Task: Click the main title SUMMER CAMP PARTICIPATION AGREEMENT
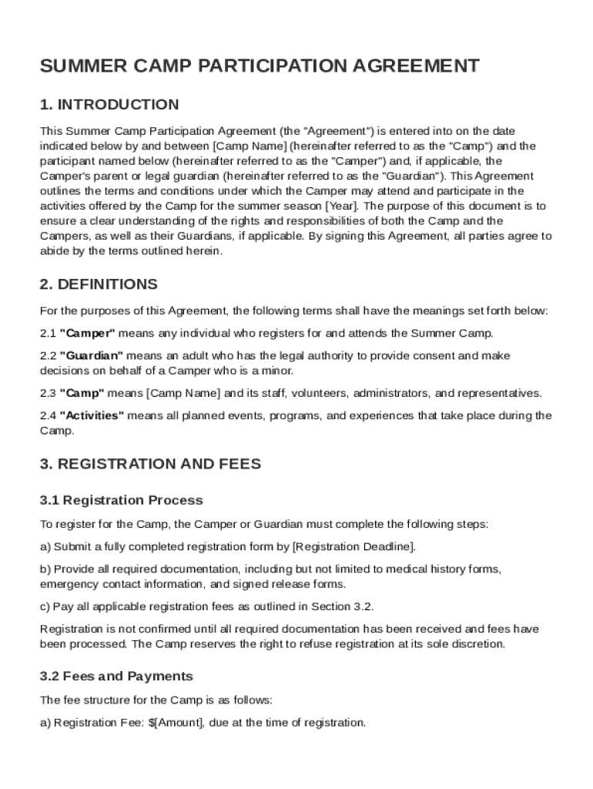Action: pyautogui.click(x=260, y=65)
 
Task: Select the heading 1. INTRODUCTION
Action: pyautogui.click(x=109, y=105)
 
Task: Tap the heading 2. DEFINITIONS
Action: pyautogui.click(x=99, y=284)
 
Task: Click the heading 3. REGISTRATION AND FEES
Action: pyautogui.click(x=150, y=464)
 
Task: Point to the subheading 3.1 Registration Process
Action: pyautogui.click(x=122, y=501)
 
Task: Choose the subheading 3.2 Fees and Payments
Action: pyautogui.click(x=116, y=677)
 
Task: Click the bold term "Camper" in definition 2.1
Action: pyautogui.click(x=88, y=334)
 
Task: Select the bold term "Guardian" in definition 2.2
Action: pyautogui.click(x=92, y=356)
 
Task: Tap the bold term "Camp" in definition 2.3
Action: pyautogui.click(x=82, y=394)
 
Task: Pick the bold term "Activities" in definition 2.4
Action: pyautogui.click(x=92, y=416)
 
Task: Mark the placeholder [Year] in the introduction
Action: pyautogui.click(x=342, y=206)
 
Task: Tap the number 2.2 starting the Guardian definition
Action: pyautogui.click(x=48, y=356)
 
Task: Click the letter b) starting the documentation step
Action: pyautogui.click(x=45, y=569)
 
